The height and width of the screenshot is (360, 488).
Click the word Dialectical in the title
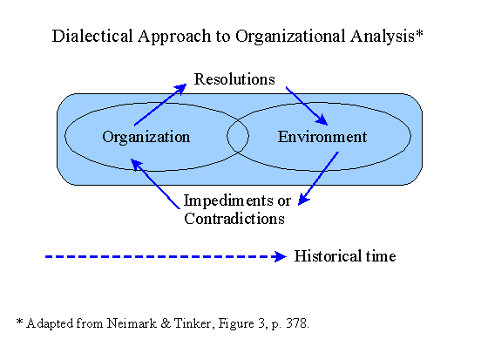pyautogui.click(x=92, y=36)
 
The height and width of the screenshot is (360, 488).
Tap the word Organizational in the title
pyautogui.click(x=291, y=37)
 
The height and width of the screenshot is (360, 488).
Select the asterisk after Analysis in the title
pyautogui.click(x=419, y=32)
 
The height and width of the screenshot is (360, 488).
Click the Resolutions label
pyautogui.click(x=234, y=79)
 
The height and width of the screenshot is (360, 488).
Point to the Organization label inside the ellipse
pyautogui.click(x=146, y=138)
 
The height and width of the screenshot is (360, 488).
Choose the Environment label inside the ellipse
pyautogui.click(x=322, y=137)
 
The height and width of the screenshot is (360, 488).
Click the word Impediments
pyautogui.click(x=227, y=200)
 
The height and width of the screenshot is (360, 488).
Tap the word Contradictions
pyautogui.click(x=234, y=219)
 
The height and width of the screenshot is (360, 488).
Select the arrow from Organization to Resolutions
pyautogui.click(x=160, y=105)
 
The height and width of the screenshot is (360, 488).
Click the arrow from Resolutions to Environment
pyautogui.click(x=307, y=106)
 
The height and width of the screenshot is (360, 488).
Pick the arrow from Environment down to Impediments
pyautogui.click(x=318, y=179)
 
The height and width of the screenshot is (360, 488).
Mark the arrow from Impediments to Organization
pyautogui.click(x=155, y=184)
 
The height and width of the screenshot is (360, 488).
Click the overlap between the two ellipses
pyautogui.click(x=238, y=136)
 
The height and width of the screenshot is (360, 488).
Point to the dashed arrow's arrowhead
pyautogui.click(x=280, y=256)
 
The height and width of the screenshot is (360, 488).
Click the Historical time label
pyautogui.click(x=345, y=256)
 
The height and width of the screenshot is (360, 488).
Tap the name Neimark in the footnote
pyautogui.click(x=132, y=323)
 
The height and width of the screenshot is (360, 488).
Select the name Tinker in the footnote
pyautogui.click(x=193, y=324)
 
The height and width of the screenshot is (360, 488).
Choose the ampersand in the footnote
pyautogui.click(x=166, y=323)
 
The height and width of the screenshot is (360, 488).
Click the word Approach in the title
pyautogui.click(x=174, y=37)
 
